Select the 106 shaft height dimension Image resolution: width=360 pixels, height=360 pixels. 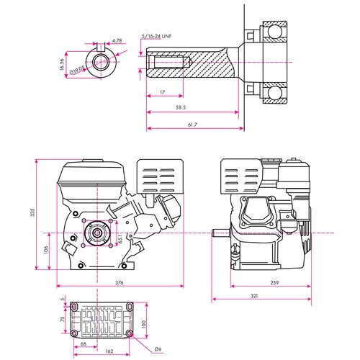coord(44,250)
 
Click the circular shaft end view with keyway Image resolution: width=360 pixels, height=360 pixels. coord(95,61)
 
